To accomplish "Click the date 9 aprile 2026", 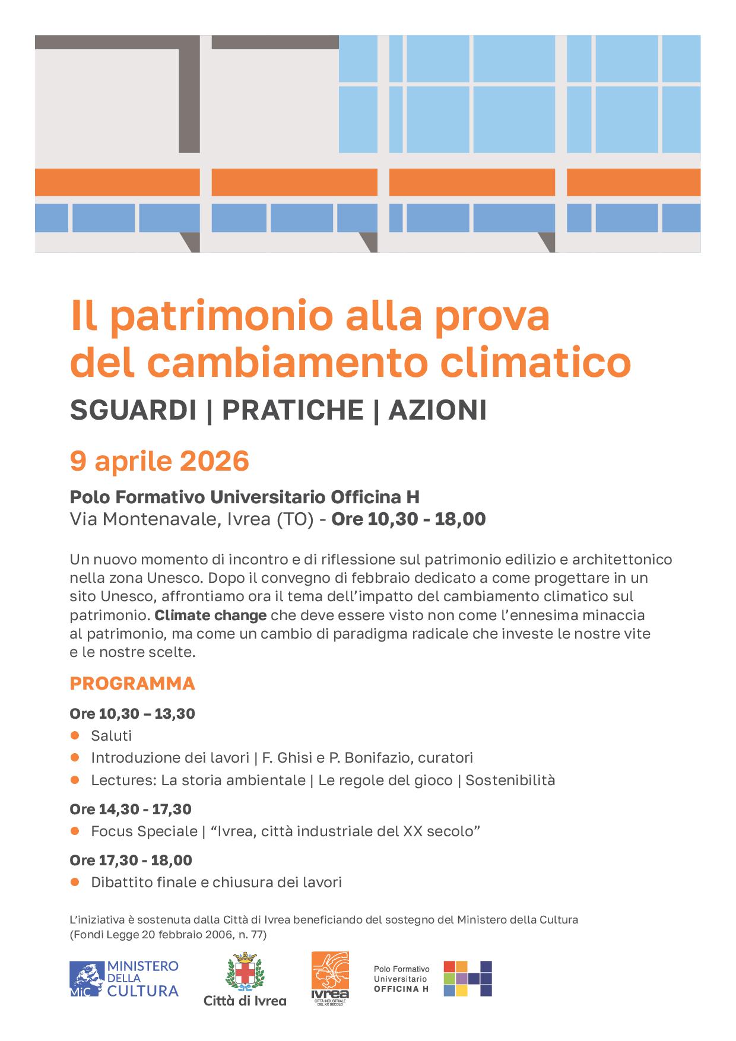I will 159,461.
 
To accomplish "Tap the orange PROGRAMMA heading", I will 132,683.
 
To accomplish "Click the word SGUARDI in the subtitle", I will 133,410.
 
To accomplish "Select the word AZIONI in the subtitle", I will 437,410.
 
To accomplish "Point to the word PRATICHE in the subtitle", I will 293,410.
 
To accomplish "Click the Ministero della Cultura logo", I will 124,979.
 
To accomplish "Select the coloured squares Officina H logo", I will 468,978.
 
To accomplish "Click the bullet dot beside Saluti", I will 75,735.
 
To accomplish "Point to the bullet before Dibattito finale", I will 75,882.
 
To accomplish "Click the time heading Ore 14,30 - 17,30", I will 131,809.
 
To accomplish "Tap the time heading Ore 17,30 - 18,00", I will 131,860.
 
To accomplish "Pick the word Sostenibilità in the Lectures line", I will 510,780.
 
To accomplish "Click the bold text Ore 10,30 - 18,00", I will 408,519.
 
